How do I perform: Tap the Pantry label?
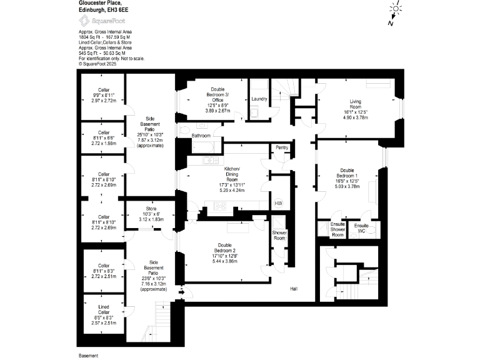click(281, 147)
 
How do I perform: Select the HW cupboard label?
click(278, 203)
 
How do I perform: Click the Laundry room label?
click(259, 99)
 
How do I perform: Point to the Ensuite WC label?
click(361, 228)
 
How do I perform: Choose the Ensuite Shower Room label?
click(337, 229)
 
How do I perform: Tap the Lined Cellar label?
click(104, 309)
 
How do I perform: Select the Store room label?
click(151, 209)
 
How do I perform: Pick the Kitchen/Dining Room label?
click(232, 172)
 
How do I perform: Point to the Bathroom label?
click(201, 135)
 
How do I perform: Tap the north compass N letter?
click(390, 23)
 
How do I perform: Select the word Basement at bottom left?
click(88, 355)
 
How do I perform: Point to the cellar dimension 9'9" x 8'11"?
click(103, 95)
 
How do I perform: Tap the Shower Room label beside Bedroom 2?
click(279, 235)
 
